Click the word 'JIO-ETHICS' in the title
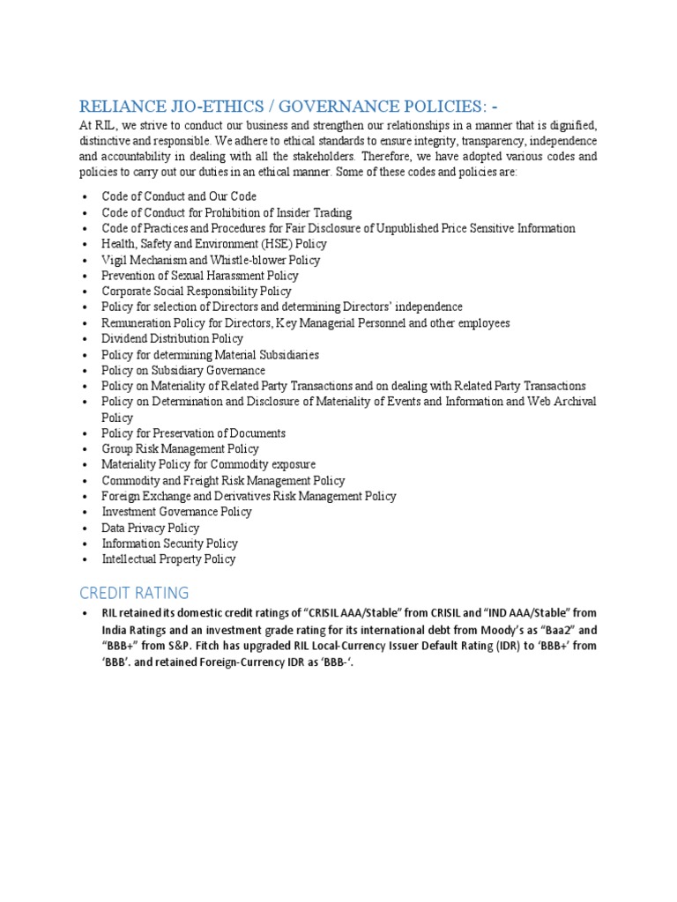coord(212,107)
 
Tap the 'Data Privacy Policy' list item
coord(151,528)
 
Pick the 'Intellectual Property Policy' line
coord(168,559)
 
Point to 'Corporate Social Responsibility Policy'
coord(197,292)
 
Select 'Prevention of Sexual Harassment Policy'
coord(200,276)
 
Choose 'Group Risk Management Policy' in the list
coord(180,448)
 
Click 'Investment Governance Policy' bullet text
coord(177,512)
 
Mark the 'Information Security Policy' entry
coord(170,543)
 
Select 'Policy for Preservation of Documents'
coord(194,433)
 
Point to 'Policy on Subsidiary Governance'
coord(183,371)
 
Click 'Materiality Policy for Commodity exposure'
coord(209,464)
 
